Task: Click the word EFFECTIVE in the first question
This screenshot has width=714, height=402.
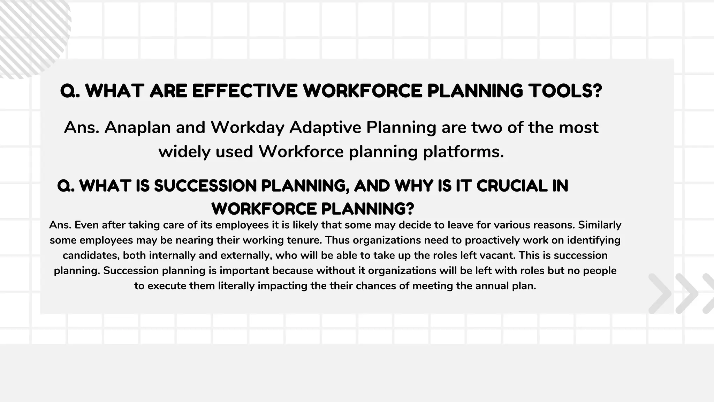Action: (x=245, y=91)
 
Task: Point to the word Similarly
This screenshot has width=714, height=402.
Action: (x=600, y=225)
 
